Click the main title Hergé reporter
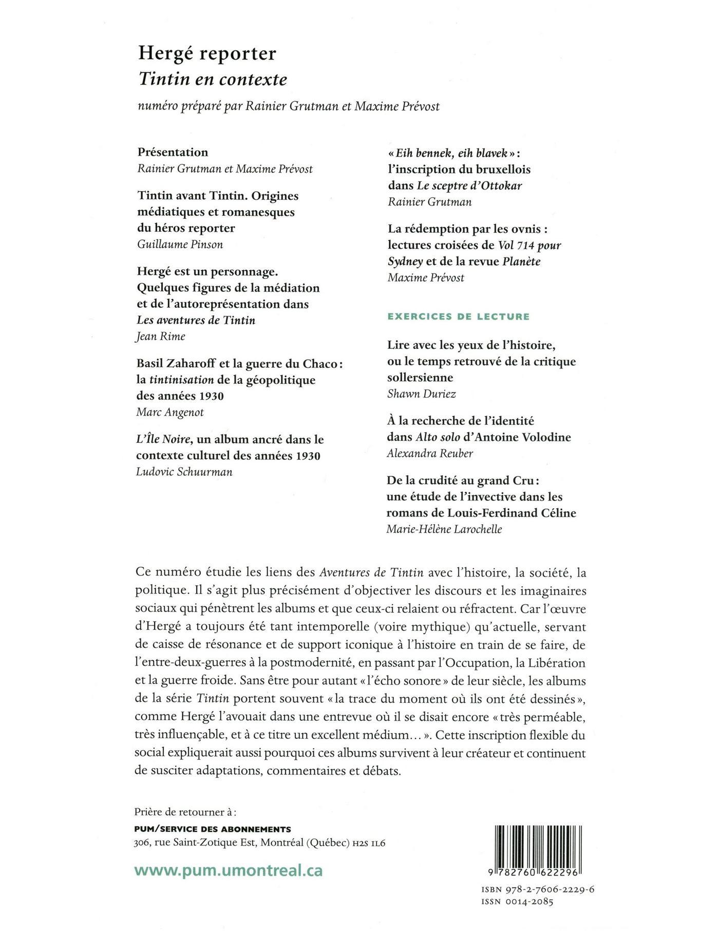pos(207,54)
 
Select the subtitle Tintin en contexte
pos(213,79)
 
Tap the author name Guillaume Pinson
pos(180,244)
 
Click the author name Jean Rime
pos(160,337)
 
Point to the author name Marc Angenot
pos(170,412)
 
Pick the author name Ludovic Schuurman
pos(184,472)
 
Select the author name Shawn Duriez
pos(422,394)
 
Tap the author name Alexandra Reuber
pos(430,453)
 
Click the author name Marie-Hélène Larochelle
pos(444,529)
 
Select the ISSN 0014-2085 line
pos(517,902)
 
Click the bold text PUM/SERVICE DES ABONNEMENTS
pos(212,829)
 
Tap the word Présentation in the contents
pos(173,153)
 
